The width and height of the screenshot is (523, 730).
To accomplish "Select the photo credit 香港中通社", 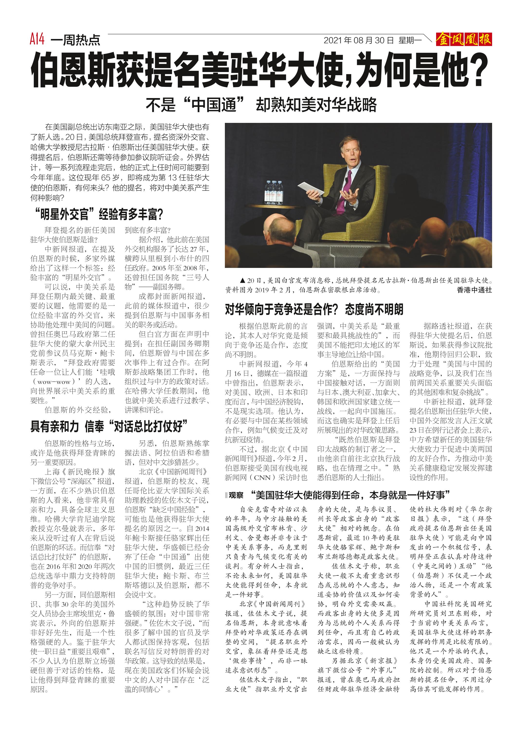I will click(x=474, y=290).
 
